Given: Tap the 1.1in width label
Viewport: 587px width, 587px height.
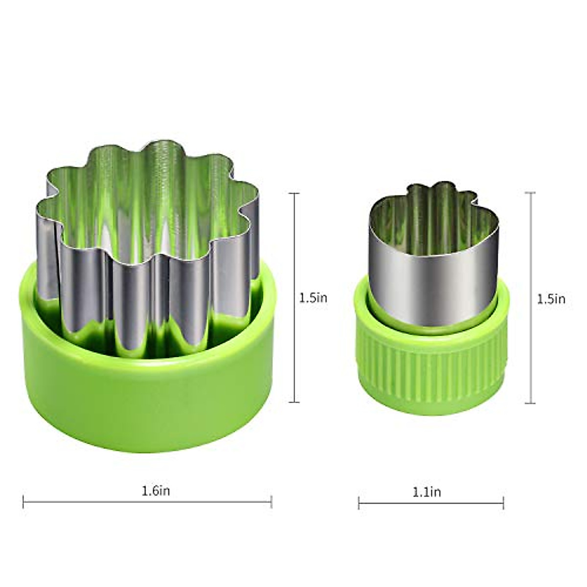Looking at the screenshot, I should click(x=427, y=492).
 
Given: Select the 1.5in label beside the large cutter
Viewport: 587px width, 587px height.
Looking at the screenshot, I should click(x=313, y=298).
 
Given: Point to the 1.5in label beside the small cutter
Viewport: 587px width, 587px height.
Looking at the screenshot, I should click(x=551, y=299).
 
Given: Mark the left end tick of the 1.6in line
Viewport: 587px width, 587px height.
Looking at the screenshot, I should click(x=23, y=501).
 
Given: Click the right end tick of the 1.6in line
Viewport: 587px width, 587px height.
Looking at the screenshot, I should click(x=271, y=501).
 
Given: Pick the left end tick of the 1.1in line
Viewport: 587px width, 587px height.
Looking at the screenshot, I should click(x=359, y=503).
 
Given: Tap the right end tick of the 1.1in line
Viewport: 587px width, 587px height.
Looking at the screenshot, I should click(x=503, y=503).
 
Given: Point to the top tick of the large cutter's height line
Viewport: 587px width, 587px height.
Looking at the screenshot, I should click(x=294, y=194).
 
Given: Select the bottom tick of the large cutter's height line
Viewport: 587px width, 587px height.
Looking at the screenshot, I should click(x=294, y=402).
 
